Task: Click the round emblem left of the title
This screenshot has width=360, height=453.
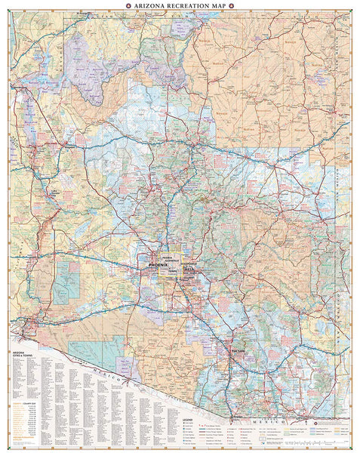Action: click(x=130, y=6)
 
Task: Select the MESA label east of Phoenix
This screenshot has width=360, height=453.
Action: click(x=189, y=269)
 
